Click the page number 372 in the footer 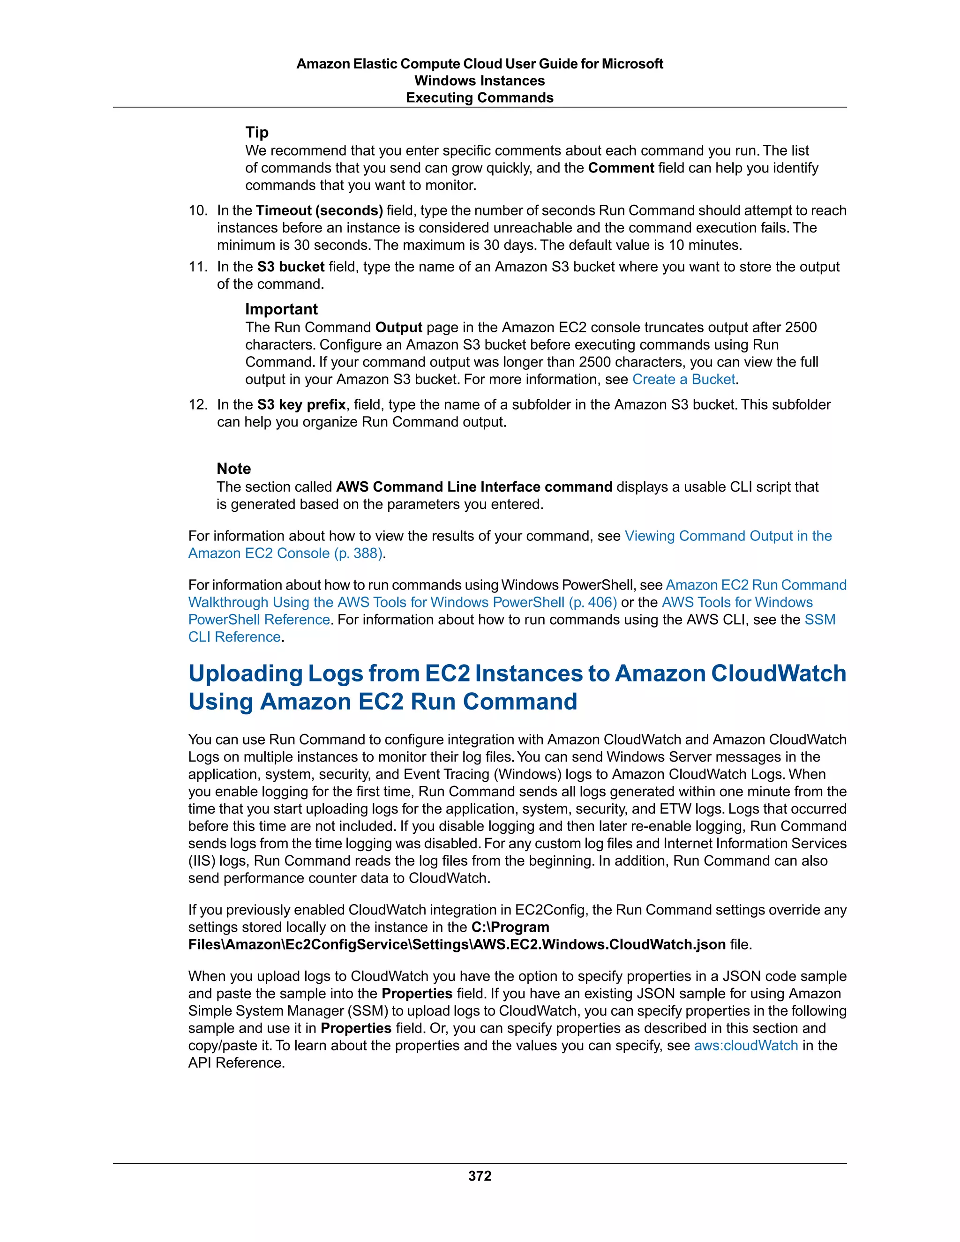tap(480, 1176)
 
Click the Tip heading tap(256, 132)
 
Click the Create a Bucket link tap(685, 379)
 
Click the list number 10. tap(198, 210)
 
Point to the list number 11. tap(198, 267)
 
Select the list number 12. tap(198, 404)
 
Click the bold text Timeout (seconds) tap(319, 210)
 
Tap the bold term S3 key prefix tap(301, 404)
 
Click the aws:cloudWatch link tap(746, 1045)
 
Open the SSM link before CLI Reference tap(819, 619)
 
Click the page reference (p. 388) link tap(358, 554)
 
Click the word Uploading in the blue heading tap(245, 673)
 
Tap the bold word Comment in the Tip tap(621, 168)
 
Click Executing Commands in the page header tap(480, 98)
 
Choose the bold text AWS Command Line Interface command tap(474, 487)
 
